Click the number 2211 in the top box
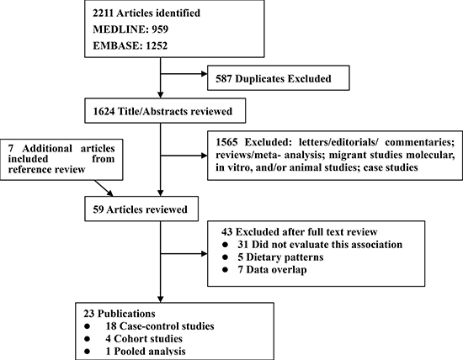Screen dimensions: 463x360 (104, 13)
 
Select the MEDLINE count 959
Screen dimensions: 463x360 (160, 29)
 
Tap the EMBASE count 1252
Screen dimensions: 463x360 (157, 45)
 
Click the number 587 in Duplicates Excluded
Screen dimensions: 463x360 (224, 79)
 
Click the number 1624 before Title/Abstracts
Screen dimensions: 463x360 (104, 112)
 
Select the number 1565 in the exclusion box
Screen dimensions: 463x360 (226, 142)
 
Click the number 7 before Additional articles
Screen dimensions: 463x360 (11, 148)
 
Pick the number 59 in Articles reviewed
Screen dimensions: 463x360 (98, 209)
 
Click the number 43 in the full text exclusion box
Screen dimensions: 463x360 (226, 232)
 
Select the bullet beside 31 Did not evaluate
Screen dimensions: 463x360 (226, 245)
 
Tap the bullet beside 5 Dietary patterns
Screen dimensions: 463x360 (226, 257)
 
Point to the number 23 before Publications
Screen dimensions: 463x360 (89, 314)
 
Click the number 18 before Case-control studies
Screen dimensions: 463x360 (111, 326)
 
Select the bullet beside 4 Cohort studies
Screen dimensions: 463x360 (87, 339)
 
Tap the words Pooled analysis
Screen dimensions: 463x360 (150, 352)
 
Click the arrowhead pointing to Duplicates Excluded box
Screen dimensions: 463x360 (204, 74)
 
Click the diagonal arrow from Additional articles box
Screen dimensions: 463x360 (104, 188)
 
